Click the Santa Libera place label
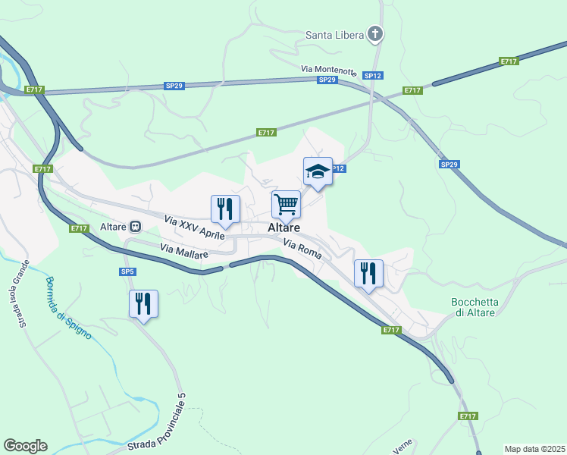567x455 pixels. [334, 34]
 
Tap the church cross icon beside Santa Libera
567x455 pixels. [374, 33]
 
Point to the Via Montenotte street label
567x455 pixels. [328, 70]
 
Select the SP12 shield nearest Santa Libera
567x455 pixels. [371, 76]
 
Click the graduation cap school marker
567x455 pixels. [318, 172]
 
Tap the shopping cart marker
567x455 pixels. [286, 203]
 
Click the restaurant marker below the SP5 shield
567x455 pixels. [143, 303]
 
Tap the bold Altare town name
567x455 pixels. [283, 227]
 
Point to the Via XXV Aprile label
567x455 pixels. [194, 227]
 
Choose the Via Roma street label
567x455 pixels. [303, 249]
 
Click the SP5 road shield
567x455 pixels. [127, 271]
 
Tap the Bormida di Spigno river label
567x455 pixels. [67, 307]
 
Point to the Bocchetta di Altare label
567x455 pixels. [474, 307]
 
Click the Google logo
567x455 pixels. [25, 446]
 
